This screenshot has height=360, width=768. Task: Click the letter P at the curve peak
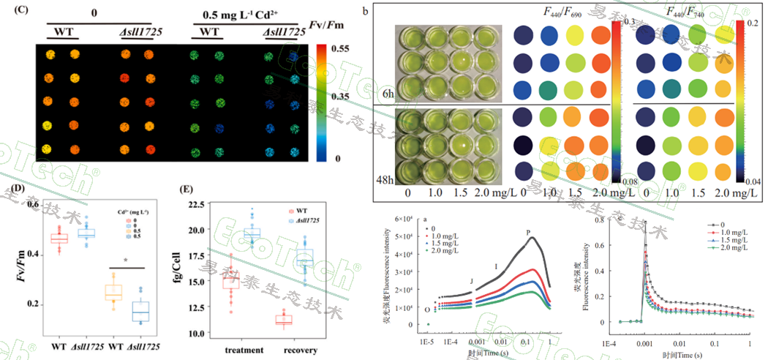[527, 233]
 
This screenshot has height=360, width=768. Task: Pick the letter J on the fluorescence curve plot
[472, 280]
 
